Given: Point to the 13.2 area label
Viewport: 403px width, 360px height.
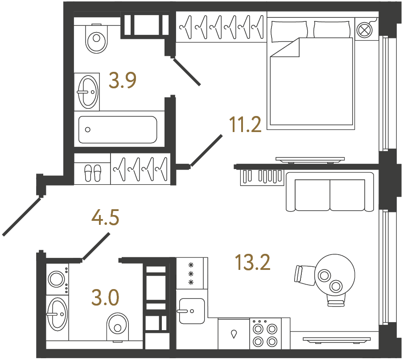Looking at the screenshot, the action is (253, 263).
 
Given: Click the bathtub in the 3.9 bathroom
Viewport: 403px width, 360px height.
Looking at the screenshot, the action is (118, 129).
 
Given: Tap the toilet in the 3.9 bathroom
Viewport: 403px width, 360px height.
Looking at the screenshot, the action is (97, 38).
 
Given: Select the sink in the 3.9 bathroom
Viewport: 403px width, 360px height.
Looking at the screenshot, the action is (86, 91).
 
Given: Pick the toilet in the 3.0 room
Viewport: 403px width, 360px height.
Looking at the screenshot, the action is (118, 326).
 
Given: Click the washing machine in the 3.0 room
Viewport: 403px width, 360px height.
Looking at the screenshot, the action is (57, 279).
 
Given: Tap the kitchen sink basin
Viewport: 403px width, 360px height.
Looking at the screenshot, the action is (191, 310).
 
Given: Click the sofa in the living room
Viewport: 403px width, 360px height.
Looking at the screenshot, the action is (330, 192).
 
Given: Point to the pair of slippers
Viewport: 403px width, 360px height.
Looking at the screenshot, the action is (93, 172).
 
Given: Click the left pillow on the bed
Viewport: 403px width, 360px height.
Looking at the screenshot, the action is (289, 29).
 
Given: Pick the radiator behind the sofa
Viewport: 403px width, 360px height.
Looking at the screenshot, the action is (262, 177).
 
